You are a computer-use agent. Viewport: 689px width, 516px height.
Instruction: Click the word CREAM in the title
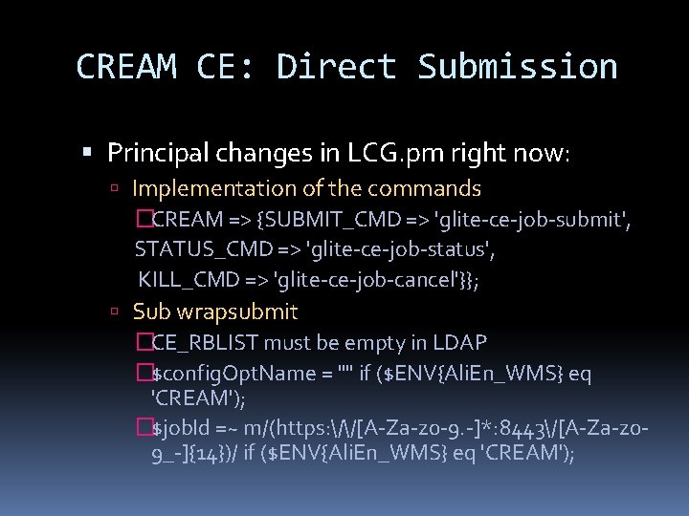(x=125, y=67)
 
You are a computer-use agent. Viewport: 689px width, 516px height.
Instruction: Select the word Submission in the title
(x=518, y=67)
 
